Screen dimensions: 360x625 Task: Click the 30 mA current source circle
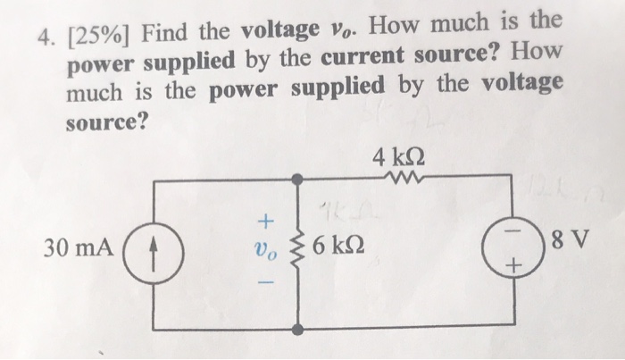pyautogui.click(x=157, y=246)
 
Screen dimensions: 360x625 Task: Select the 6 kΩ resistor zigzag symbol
pyautogui.click(x=296, y=247)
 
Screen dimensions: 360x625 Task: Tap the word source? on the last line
pyautogui.click(x=106, y=121)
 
